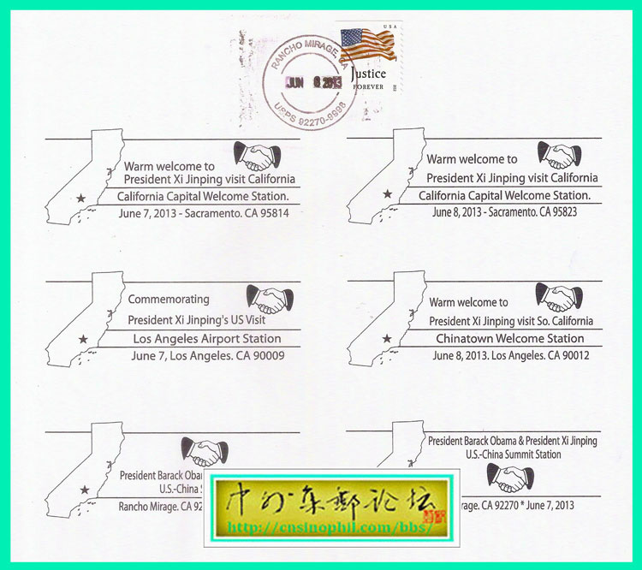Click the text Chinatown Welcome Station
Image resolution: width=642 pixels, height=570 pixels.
[507, 338]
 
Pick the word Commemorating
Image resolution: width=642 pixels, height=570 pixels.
[168, 300]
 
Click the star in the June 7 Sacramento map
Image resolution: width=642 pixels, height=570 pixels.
[81, 198]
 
